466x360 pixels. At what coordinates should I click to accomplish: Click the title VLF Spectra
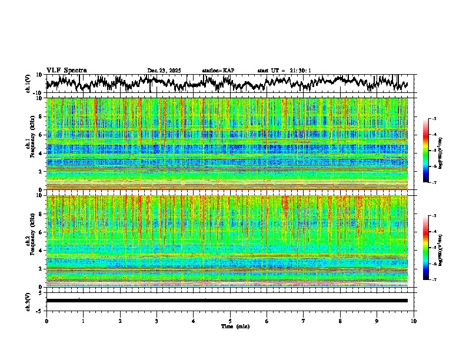pyautogui.click(x=66, y=71)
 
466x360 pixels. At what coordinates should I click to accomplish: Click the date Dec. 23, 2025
pyautogui.click(x=164, y=71)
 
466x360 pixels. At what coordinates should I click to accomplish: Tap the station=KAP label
pyautogui.click(x=218, y=71)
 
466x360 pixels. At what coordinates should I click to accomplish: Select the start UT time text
pyautogui.click(x=284, y=71)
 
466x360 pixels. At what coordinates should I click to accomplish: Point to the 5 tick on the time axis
pyautogui.click(x=230, y=321)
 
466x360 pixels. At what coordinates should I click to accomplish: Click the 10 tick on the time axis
pyautogui.click(x=414, y=321)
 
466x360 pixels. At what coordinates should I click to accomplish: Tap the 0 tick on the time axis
pyautogui.click(x=46, y=321)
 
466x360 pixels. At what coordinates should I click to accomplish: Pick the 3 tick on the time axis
pyautogui.click(x=157, y=321)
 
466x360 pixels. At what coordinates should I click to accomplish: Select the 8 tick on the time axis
pyautogui.click(x=340, y=321)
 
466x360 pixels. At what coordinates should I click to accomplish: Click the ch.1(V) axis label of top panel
pyautogui.click(x=28, y=84)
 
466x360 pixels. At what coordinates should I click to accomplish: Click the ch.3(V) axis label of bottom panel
pyautogui.click(x=28, y=300)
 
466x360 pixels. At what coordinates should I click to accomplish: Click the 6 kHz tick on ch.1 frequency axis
pyautogui.click(x=41, y=135)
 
